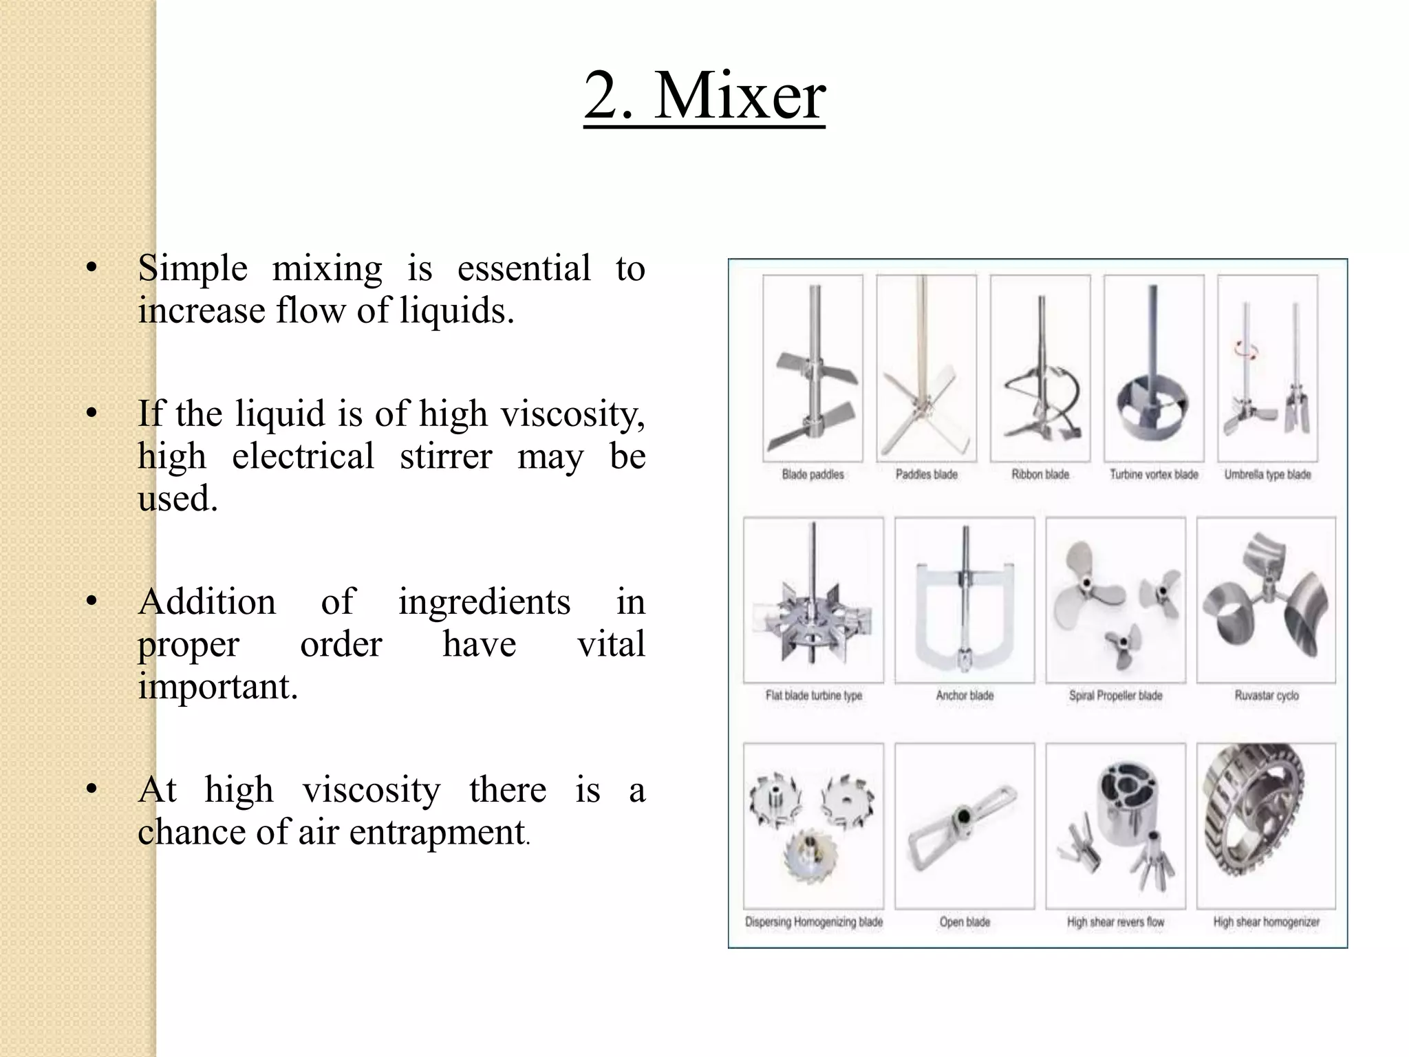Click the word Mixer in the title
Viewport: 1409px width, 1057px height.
(740, 96)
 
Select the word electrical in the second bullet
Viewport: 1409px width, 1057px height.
(303, 456)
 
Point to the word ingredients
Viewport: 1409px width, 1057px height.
(484, 602)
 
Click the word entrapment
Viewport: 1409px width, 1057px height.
(437, 832)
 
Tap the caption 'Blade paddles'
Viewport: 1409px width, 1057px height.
(813, 475)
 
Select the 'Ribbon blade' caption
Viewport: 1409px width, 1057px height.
(1040, 475)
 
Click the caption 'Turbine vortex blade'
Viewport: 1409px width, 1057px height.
(1154, 475)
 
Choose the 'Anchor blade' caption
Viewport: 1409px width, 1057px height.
(965, 696)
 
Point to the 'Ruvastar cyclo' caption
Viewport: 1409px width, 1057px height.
(1267, 696)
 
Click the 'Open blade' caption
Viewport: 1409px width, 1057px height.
(965, 922)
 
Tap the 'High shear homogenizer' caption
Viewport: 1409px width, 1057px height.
(1267, 922)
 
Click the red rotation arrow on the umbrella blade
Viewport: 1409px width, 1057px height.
(1246, 351)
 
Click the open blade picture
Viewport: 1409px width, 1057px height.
(965, 826)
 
